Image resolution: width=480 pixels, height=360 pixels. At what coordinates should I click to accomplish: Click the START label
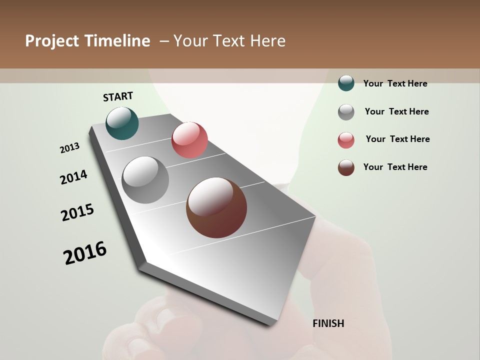[x=118, y=96]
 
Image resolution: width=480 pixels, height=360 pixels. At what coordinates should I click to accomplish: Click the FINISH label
[x=328, y=323]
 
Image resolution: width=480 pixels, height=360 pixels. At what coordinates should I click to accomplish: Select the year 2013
[x=69, y=148]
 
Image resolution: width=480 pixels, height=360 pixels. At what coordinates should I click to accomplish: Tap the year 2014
[x=73, y=177]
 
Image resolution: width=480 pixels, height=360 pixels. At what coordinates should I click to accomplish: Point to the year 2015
[x=77, y=212]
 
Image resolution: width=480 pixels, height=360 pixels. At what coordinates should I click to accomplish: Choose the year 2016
[x=85, y=253]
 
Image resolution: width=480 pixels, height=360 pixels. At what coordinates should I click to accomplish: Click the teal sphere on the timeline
[x=122, y=123]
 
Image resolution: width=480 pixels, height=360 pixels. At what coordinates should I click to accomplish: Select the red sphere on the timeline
[x=189, y=139]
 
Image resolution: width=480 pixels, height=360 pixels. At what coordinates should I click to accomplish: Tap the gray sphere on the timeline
[x=145, y=179]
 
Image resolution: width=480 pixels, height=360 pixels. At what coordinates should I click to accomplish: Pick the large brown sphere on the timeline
[x=216, y=207]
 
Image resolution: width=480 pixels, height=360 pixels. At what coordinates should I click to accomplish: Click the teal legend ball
[x=346, y=83]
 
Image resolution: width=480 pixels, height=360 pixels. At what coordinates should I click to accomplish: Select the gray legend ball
[x=346, y=112]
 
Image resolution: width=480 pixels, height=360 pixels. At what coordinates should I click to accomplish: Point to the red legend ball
[x=346, y=140]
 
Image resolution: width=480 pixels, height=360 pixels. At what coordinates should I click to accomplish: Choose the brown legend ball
[x=346, y=167]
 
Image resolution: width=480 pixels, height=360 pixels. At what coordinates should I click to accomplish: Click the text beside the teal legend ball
[x=395, y=83]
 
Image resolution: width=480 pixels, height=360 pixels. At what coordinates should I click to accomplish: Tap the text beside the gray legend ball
[x=396, y=111]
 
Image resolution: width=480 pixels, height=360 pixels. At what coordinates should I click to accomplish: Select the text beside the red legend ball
[x=397, y=139]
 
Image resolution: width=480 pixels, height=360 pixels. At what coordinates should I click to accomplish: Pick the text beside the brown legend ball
[x=395, y=167]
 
